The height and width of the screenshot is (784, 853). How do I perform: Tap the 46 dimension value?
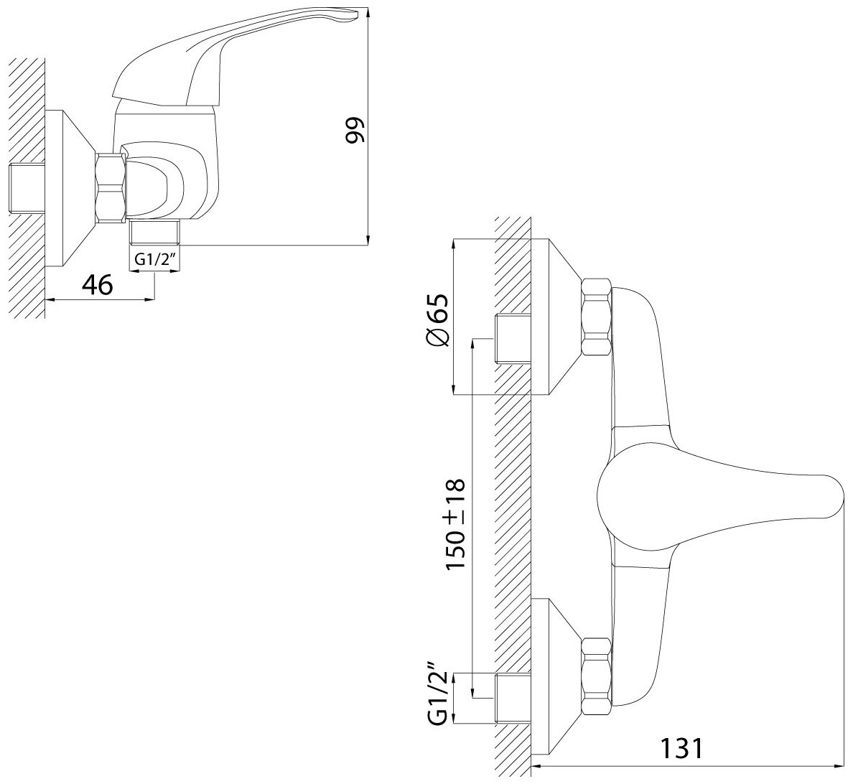tap(98, 285)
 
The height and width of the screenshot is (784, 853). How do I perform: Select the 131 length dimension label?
tap(679, 747)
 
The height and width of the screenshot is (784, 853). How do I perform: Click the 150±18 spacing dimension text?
tap(457, 526)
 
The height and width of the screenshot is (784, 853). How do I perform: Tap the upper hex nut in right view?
tap(596, 317)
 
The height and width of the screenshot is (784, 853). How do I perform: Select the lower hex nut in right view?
tap(596, 676)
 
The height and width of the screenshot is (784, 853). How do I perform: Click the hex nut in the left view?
tap(111, 186)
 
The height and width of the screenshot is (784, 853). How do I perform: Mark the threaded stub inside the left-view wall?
tap(27, 187)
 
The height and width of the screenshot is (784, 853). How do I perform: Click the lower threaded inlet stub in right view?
tap(513, 697)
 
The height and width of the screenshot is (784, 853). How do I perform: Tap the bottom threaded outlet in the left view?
tap(155, 233)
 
